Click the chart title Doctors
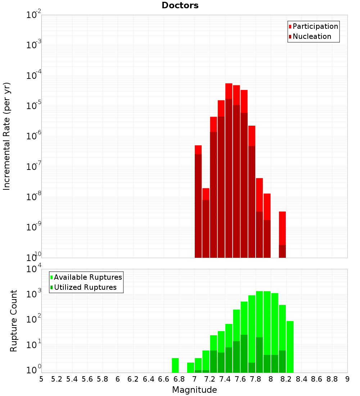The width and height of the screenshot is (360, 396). click(180, 5)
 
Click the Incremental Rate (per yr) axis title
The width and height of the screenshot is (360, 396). click(7, 136)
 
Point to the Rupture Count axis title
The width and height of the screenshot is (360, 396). click(14, 321)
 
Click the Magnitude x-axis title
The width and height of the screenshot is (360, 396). click(194, 390)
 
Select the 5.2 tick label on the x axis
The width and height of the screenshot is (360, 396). click(57, 379)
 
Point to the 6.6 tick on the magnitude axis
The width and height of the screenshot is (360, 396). click(164, 379)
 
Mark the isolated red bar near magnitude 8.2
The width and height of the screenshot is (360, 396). click(282, 234)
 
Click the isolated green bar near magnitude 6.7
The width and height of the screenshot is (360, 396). click(175, 365)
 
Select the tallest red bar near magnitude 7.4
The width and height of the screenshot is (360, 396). click(229, 169)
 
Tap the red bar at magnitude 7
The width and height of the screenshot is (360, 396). click(198, 202)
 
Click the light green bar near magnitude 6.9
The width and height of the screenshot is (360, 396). click(190, 367)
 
